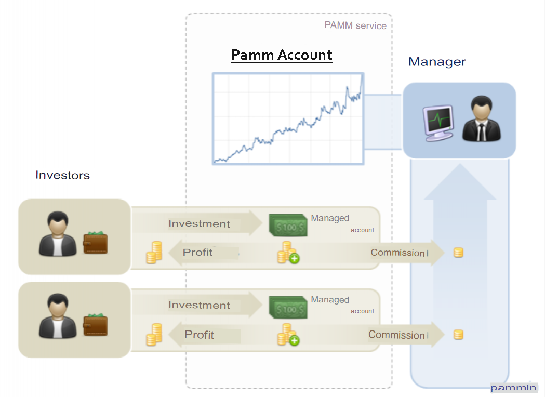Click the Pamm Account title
pos(281,55)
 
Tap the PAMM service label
pos(355,25)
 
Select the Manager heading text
pos(437,62)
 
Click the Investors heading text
pos(62,175)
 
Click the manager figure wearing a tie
pos(482,119)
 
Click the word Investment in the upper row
pos(199,224)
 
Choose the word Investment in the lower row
pos(199,306)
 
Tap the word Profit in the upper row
pos(197,253)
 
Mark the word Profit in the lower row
pos(199,335)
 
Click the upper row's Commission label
pos(398,253)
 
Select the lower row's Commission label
pos(397,335)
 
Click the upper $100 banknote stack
pos(288,226)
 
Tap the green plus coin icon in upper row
pos(288,253)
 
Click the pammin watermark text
pos(513,387)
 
